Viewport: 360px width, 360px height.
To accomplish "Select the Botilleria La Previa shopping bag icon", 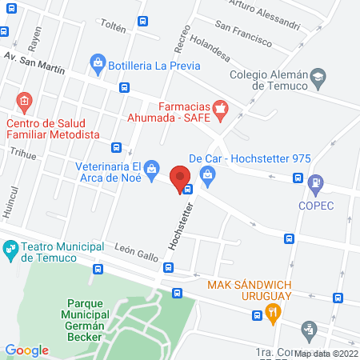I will coord(97,62).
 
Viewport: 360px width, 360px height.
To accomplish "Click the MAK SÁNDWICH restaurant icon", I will coord(273,313).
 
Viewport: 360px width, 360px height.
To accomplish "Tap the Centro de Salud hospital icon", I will coord(23,102).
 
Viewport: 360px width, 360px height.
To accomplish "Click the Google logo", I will coord(27,350).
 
